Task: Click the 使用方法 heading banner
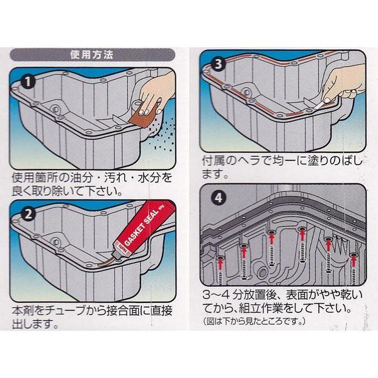click(93, 55)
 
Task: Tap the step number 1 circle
click(28, 82)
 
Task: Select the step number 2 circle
click(28, 214)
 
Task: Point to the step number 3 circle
click(218, 64)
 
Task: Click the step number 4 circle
click(218, 198)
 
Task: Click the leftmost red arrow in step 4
click(220, 264)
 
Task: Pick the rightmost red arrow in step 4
click(353, 261)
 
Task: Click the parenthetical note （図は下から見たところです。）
click(254, 321)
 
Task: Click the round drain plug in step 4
click(263, 273)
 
